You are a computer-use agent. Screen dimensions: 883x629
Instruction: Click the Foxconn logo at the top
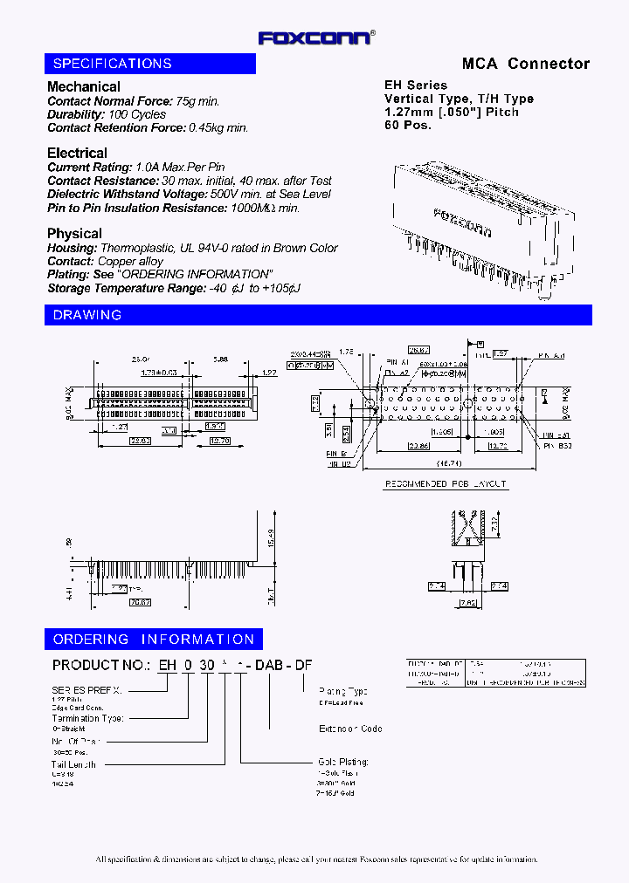click(316, 38)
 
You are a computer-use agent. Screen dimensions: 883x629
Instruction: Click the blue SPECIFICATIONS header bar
click(149, 64)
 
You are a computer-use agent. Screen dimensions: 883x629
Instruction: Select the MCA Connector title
click(525, 64)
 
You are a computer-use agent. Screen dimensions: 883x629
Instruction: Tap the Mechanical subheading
click(84, 86)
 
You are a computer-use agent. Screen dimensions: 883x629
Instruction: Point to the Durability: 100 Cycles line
click(106, 114)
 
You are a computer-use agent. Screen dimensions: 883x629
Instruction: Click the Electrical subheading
click(77, 153)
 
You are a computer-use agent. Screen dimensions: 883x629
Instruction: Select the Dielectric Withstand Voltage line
click(189, 195)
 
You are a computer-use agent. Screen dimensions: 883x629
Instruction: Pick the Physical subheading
click(74, 233)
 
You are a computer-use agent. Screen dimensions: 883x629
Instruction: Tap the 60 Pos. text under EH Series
click(408, 125)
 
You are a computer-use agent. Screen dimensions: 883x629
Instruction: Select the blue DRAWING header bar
click(318, 315)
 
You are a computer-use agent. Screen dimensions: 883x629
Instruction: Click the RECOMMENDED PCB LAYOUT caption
click(446, 483)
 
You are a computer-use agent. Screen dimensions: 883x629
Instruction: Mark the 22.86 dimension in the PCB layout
click(417, 446)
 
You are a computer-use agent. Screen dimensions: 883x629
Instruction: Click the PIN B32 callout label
click(556, 446)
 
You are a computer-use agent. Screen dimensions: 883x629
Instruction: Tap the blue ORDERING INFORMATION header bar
click(154, 640)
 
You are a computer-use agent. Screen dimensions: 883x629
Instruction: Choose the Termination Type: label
click(87, 718)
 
